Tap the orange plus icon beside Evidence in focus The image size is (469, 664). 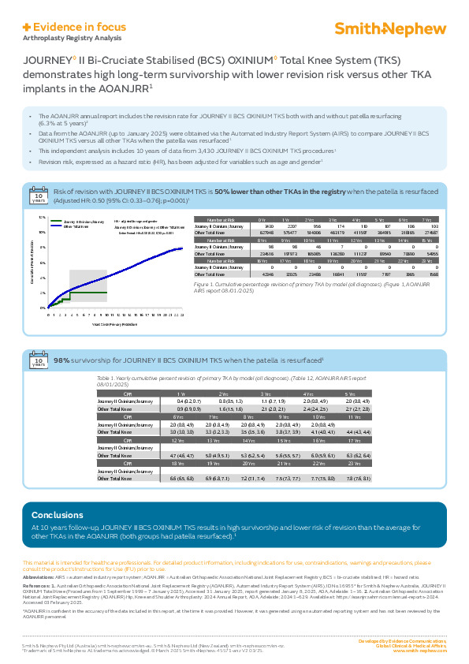(27, 26)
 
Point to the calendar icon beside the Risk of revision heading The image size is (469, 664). (38, 195)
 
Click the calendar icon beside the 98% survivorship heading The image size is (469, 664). (38, 362)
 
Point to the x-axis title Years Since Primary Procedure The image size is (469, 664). (110, 324)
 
